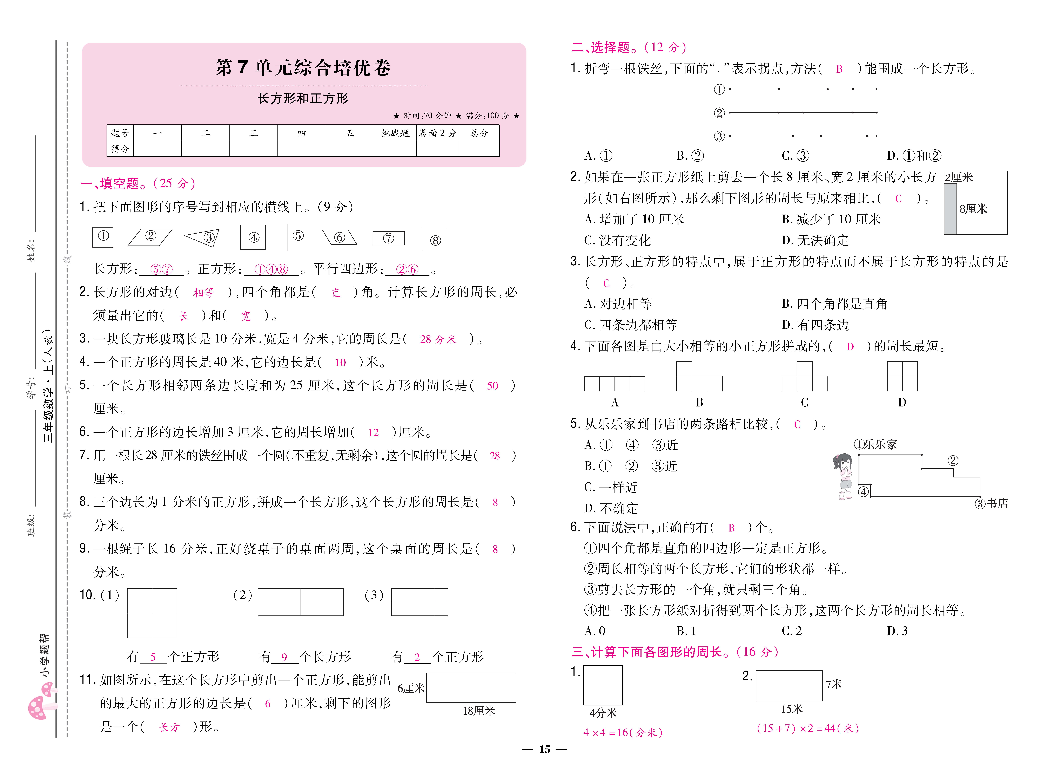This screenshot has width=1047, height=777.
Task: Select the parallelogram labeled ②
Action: pos(150,237)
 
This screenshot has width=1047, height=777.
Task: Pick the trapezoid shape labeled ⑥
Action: pos(339,237)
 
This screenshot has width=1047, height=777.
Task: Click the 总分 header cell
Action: pos(479,133)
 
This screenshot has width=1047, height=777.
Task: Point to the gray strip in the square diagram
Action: pos(950,209)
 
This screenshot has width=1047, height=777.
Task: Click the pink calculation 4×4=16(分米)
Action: pos(622,732)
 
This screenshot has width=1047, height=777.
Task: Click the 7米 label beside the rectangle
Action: pos(834,684)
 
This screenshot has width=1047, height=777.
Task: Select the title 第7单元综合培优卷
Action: pos(303,68)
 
